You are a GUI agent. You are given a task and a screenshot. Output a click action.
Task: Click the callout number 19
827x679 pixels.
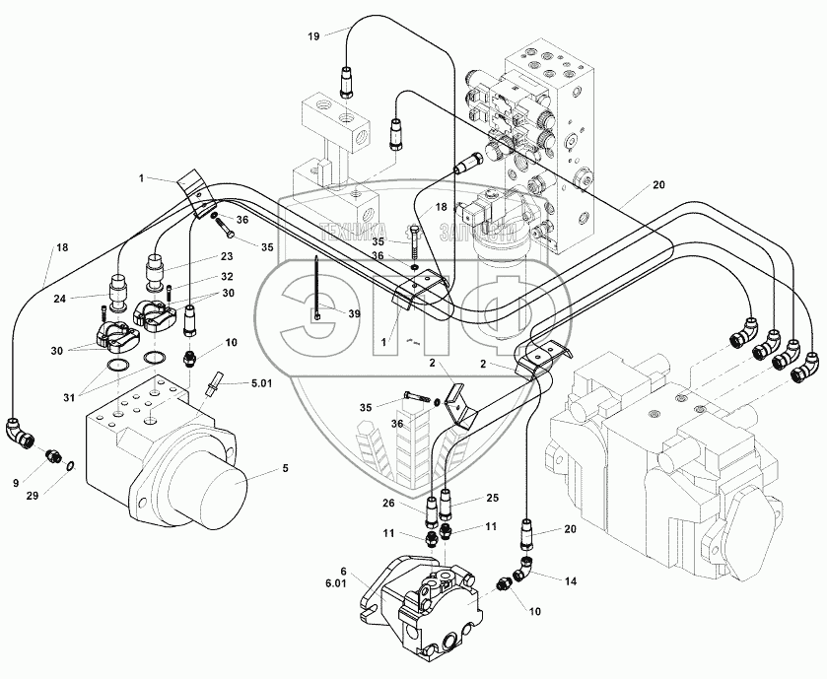[313, 36]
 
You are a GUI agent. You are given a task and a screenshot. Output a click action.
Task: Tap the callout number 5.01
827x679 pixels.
[261, 383]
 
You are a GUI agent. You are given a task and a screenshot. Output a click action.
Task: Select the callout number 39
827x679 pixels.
[354, 313]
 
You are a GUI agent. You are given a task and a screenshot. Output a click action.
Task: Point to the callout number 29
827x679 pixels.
[33, 496]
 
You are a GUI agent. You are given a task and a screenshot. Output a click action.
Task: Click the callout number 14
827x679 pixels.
[570, 581]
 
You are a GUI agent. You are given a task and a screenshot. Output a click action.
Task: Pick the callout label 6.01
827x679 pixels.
[336, 583]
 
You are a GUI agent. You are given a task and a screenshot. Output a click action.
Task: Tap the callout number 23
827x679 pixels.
[227, 257]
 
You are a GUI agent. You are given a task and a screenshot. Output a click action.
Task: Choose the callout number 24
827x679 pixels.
[59, 299]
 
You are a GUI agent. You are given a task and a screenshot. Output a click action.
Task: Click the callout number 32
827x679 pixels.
[228, 276]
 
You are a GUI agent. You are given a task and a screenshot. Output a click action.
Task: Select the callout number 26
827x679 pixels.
[388, 504]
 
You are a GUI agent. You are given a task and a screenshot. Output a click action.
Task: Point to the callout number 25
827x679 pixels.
[492, 498]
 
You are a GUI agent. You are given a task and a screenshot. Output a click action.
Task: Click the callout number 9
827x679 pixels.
[16, 482]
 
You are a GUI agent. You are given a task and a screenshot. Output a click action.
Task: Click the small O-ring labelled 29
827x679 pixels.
[70, 465]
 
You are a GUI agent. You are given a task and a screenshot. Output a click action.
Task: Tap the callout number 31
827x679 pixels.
[69, 398]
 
